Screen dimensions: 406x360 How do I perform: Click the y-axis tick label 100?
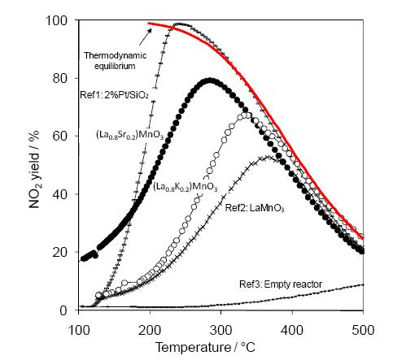(x=59, y=21)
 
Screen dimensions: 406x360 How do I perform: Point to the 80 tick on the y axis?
(x=64, y=79)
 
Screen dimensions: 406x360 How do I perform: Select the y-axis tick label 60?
(x=64, y=137)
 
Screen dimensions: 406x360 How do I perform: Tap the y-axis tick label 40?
(x=64, y=194)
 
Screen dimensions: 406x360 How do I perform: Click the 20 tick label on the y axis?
(x=64, y=252)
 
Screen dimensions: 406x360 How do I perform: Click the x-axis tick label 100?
(x=79, y=330)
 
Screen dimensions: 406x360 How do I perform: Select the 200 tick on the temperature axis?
(x=150, y=330)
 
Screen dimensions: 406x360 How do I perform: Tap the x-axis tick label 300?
(x=221, y=330)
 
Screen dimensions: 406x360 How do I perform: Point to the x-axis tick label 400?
(x=292, y=330)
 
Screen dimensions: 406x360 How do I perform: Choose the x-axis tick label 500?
(x=363, y=330)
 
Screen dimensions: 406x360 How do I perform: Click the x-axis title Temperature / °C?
(x=205, y=347)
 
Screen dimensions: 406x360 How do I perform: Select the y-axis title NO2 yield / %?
(x=34, y=170)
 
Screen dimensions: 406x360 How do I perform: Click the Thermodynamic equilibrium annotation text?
(x=115, y=61)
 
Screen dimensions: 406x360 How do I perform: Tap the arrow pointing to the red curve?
(x=146, y=37)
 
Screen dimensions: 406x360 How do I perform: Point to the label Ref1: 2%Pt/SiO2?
(x=114, y=95)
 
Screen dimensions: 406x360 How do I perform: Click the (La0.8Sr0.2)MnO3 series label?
(x=130, y=135)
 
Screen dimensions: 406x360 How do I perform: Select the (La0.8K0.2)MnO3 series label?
(x=186, y=187)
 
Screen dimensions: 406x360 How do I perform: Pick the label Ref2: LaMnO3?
(x=255, y=208)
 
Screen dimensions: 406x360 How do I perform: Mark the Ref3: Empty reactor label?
(x=281, y=284)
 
